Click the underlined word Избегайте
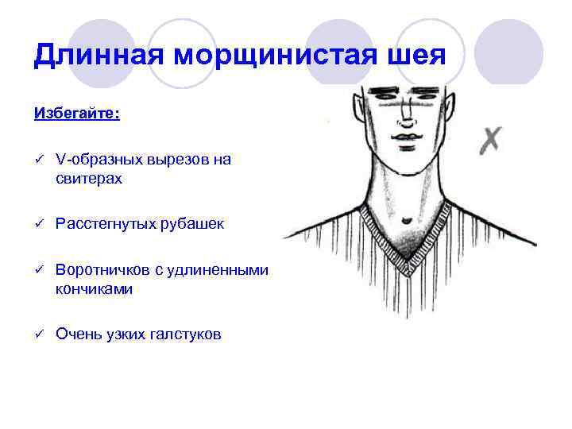click(x=76, y=113)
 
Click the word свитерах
click(x=89, y=179)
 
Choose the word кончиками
click(x=94, y=289)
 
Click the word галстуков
click(x=184, y=334)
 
